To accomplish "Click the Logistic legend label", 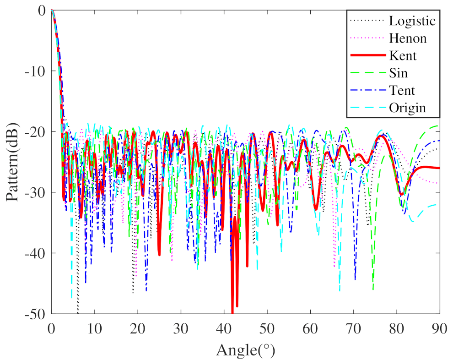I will (412, 21).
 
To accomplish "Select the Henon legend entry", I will (408, 38).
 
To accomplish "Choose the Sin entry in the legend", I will (399, 73).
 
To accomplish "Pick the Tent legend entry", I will (402, 91).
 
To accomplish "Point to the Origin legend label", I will (407, 108).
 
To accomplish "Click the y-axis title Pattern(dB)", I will (12, 162).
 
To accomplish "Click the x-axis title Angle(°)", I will (245, 350).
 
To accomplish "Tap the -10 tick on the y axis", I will (37, 71).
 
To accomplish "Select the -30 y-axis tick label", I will (37, 192).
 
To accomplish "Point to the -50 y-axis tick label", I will (37, 314).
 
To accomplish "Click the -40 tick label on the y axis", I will (37, 253).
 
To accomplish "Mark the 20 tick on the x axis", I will (137, 328).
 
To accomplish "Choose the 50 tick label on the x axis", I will (267, 328).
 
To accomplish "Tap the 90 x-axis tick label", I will (440, 328).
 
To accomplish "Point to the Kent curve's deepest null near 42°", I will (232, 312).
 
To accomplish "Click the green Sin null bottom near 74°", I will (373, 289).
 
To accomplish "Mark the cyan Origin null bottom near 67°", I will (339, 290).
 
